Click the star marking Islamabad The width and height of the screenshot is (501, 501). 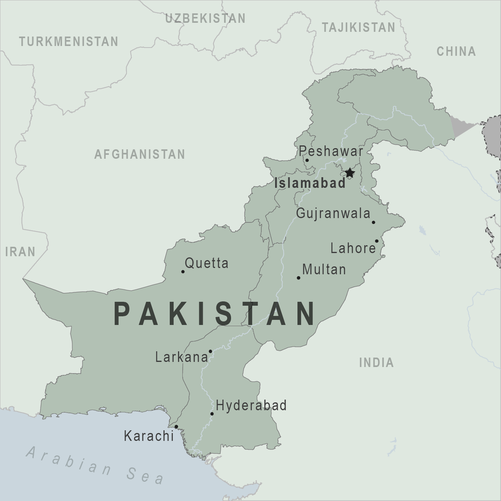349,173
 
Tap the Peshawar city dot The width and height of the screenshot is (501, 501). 307,160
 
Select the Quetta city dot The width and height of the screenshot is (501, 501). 183,272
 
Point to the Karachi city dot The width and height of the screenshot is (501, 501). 176,427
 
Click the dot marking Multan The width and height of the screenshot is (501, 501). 299,278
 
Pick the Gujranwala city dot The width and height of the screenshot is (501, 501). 373,222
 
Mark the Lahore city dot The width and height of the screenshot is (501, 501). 376,241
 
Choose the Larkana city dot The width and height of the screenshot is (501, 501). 210,351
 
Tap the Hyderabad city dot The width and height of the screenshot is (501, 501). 212,414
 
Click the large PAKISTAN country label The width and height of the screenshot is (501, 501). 215,314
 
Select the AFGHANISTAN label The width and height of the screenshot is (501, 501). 139,154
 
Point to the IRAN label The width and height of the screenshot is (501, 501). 20,251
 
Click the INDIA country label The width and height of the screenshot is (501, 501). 376,362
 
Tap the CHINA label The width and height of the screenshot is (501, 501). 456,51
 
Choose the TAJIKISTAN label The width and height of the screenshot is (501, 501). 358,27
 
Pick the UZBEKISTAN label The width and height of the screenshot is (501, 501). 205,18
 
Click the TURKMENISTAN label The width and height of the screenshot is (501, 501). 69,41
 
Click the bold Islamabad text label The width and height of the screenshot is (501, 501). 310,183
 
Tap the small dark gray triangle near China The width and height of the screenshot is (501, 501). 462,125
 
